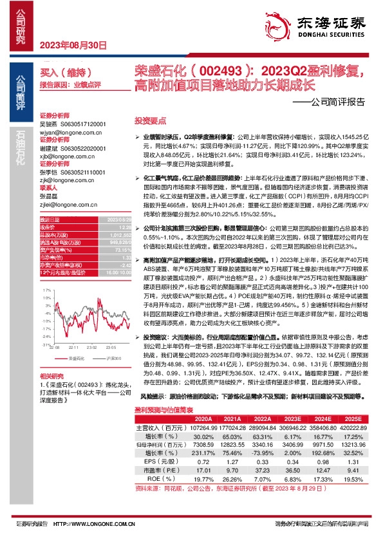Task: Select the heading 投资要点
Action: click(150, 120)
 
